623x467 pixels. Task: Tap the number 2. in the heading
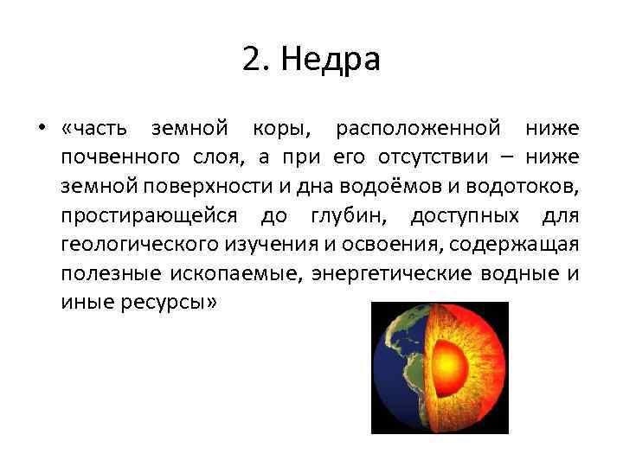[x=257, y=60]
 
